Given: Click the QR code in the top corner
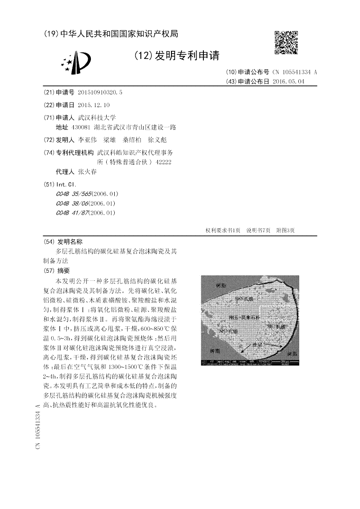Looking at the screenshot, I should pyautogui.click(x=286, y=43).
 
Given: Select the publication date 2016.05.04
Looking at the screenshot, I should pyautogui.click(x=288, y=81).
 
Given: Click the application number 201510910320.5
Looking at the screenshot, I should pyautogui.click(x=100, y=92).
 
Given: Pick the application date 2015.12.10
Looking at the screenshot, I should pyautogui.click(x=94, y=105).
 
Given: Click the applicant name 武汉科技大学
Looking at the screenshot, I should pyautogui.click(x=97, y=117).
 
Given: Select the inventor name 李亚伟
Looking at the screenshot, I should pyautogui.click(x=87, y=140).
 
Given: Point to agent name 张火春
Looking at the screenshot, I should pyautogui.click(x=87, y=172).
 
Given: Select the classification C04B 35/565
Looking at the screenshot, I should pyautogui.click(x=74, y=194).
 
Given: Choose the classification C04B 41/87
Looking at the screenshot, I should pyautogui.click(x=72, y=212).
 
